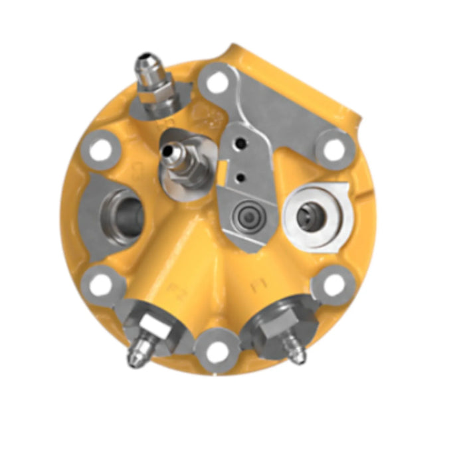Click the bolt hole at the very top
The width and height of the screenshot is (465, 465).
pyautogui.click(x=214, y=83)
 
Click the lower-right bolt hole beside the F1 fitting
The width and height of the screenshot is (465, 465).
pyautogui.click(x=330, y=285)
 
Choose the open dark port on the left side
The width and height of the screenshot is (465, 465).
pyautogui.click(x=126, y=214)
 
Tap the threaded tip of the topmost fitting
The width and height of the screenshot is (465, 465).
pyautogui.click(x=146, y=65)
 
